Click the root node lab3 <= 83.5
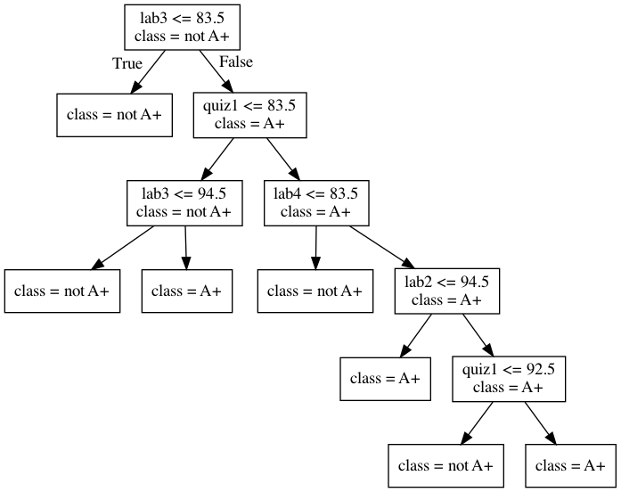[182, 27]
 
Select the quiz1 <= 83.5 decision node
[249, 113]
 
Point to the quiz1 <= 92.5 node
[508, 377]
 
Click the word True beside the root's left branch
[127, 63]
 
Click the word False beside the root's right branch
[235, 62]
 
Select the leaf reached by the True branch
[115, 116]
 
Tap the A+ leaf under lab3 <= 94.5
[187, 291]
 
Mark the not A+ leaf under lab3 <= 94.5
[61, 291]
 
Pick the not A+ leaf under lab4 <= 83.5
[315, 291]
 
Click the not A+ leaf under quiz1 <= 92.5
[445, 466]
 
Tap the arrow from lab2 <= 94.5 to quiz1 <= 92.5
[478, 334]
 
